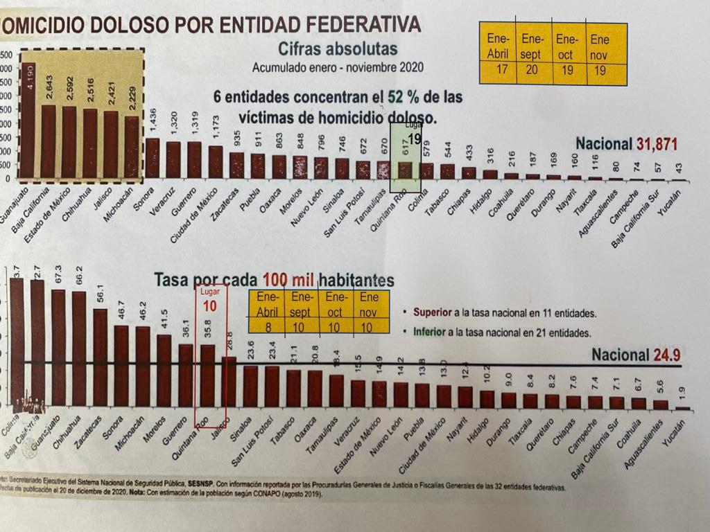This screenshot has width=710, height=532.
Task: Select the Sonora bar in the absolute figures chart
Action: click(153, 159)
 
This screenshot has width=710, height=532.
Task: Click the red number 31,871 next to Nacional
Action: click(659, 144)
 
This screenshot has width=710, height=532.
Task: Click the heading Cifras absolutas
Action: click(338, 48)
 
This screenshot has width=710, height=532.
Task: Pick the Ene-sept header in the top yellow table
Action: click(534, 46)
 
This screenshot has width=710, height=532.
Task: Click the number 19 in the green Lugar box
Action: click(414, 139)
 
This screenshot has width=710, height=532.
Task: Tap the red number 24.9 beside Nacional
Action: click(668, 355)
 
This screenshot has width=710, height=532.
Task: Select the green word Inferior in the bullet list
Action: click(430, 332)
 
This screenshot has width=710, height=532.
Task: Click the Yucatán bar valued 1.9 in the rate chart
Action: click(683, 408)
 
